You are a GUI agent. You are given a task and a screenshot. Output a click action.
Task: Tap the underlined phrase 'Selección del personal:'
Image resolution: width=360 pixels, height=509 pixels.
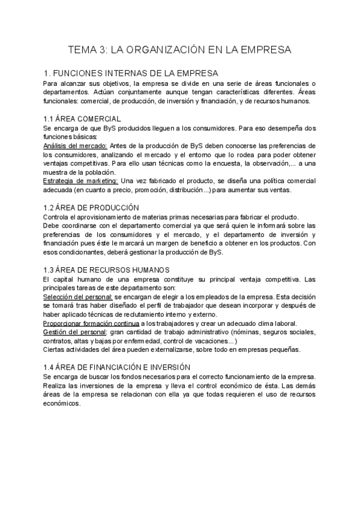pos(78,297)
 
